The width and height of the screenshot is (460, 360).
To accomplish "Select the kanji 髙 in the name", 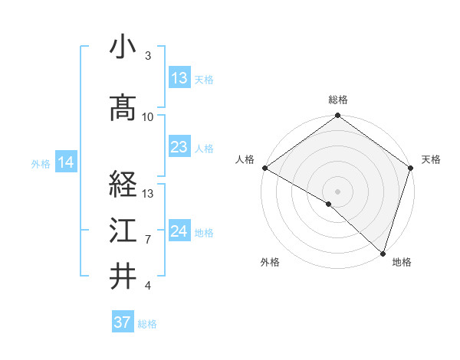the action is tap(123, 110).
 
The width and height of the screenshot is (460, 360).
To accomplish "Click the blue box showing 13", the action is tap(179, 78).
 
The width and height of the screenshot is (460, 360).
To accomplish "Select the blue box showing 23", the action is tap(179, 147).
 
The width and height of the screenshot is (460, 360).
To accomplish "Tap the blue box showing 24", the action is tap(179, 231).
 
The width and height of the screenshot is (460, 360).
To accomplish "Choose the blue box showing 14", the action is tap(66, 162).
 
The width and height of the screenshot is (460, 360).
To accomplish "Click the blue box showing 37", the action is tap(122, 322).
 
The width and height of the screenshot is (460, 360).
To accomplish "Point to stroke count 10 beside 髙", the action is tap(148, 116).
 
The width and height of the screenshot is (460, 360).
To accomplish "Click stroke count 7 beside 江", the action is tap(148, 239).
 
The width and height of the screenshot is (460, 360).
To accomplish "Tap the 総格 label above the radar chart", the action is tap(338, 100).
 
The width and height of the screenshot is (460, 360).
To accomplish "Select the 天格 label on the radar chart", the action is tap(431, 159).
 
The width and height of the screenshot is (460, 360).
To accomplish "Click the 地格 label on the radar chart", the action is tap(402, 262).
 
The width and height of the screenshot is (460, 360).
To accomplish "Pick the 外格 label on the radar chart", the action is tap(270, 262).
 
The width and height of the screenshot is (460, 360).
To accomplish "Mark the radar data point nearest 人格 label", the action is tap(264, 168).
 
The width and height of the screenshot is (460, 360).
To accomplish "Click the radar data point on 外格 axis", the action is tap(329, 204).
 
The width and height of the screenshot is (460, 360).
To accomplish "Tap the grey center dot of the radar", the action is tap(337, 191).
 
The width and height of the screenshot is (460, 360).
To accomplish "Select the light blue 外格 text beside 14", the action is tap(41, 163).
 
